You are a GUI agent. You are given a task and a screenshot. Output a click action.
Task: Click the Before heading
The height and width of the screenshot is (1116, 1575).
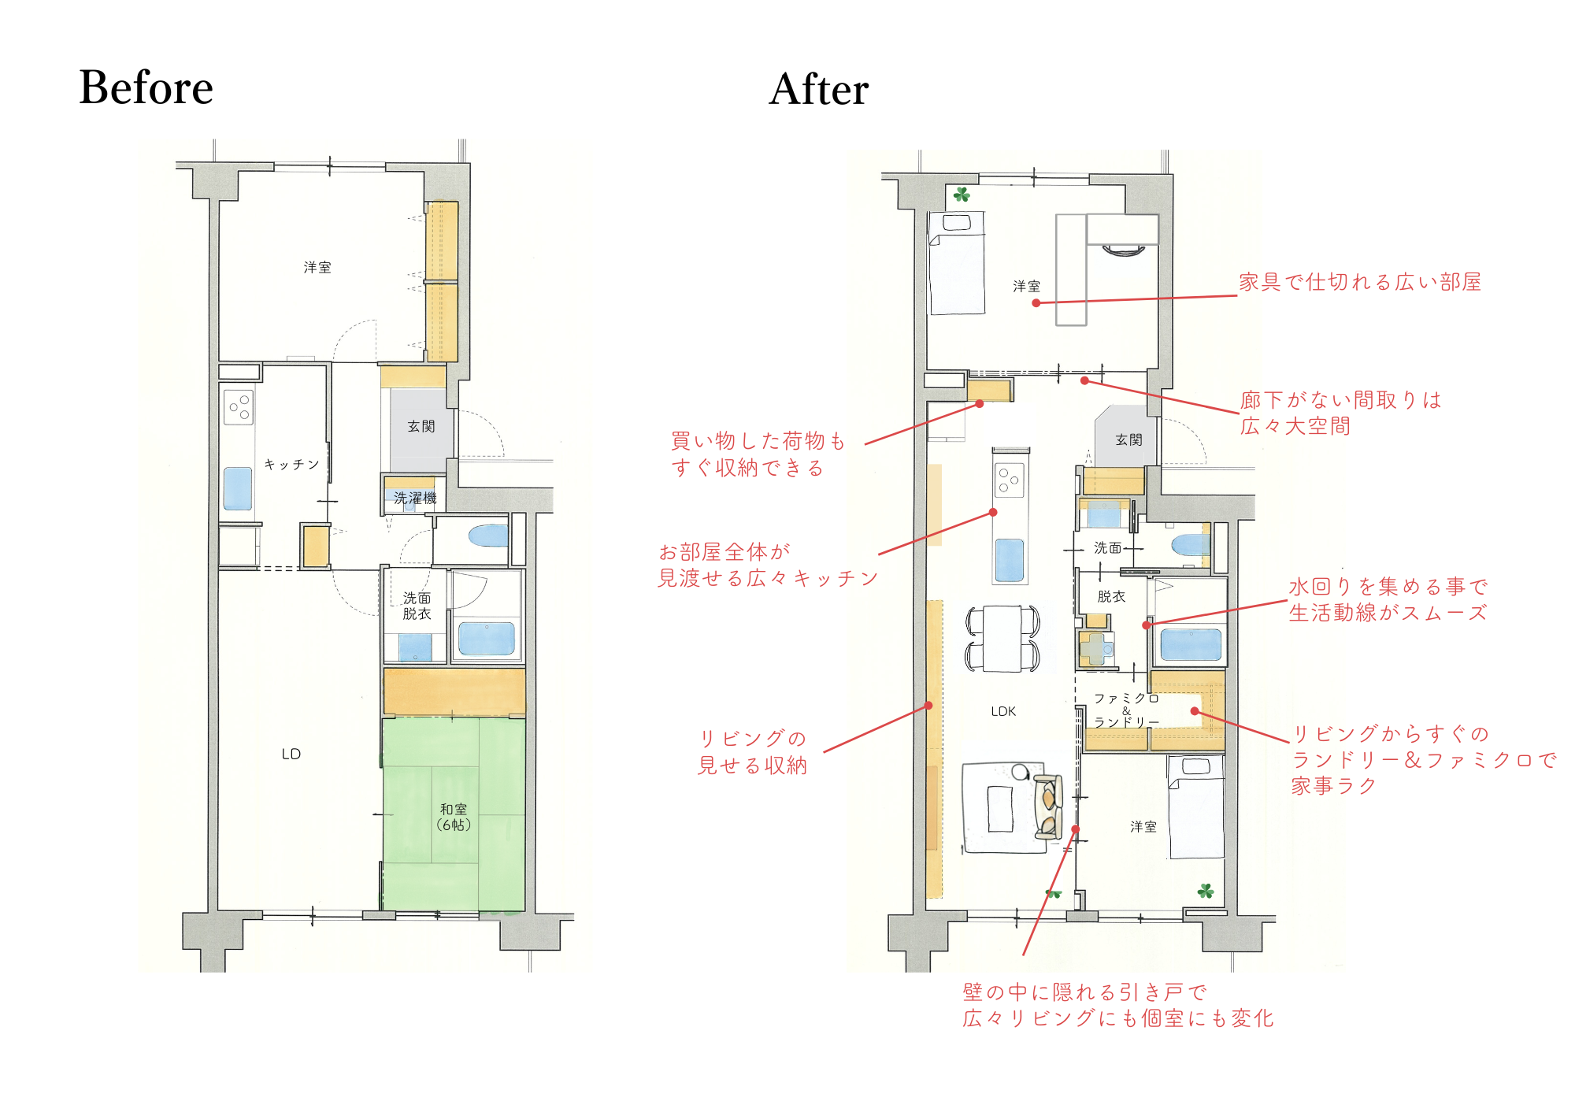[146, 87]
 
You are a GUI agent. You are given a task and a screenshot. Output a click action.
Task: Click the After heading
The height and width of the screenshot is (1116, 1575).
[819, 89]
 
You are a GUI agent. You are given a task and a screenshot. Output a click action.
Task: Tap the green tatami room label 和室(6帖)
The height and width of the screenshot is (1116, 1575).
[454, 818]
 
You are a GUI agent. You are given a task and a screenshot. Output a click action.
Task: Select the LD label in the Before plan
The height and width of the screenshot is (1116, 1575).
[291, 754]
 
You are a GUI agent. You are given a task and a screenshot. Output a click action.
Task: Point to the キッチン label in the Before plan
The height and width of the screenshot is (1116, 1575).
[291, 465]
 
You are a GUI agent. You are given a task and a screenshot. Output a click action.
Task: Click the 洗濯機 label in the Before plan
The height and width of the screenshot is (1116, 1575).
[415, 498]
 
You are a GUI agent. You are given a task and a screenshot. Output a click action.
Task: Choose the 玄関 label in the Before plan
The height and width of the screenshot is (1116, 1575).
[421, 426]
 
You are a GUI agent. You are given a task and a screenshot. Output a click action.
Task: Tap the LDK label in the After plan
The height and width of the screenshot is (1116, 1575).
[1003, 711]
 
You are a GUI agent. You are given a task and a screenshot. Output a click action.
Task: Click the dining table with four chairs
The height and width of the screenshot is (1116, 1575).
[1002, 638]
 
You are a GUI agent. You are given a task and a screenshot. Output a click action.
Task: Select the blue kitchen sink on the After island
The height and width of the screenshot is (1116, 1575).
[1010, 560]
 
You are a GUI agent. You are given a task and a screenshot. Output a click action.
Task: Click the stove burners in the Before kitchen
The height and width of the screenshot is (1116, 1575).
[239, 407]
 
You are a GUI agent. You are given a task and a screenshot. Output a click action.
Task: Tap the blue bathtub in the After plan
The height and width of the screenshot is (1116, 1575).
[1191, 643]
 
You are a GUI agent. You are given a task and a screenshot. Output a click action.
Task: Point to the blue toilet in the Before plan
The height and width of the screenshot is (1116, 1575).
[488, 536]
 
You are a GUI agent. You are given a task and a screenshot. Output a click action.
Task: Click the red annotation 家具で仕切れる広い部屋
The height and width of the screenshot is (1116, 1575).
[1360, 282]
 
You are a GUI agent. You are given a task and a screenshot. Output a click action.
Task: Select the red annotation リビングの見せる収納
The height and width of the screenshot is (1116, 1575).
[753, 752]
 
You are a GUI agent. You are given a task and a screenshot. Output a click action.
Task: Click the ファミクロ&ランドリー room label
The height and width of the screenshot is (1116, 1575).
[1126, 710]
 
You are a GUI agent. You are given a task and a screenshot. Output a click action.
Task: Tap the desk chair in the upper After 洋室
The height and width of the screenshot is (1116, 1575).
[1123, 251]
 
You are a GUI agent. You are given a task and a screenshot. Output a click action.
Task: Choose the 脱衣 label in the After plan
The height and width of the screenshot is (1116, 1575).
[1111, 597]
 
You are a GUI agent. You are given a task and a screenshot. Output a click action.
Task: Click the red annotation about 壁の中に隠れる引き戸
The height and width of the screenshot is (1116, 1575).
[1117, 1005]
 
